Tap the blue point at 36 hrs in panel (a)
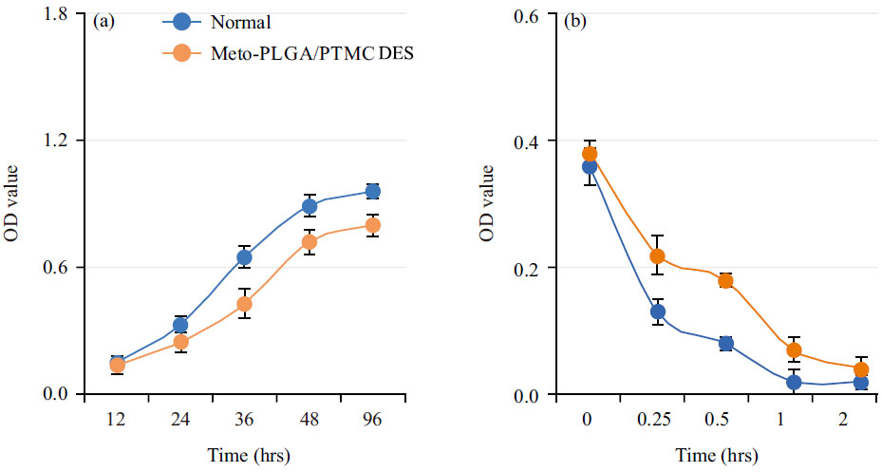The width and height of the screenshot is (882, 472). [x=244, y=257]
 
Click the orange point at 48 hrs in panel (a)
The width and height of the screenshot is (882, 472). [x=309, y=242]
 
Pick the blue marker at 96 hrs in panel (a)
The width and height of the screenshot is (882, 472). [x=373, y=192]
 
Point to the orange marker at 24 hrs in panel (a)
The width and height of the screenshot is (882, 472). [x=180, y=343]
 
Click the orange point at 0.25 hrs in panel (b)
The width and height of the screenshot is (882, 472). [x=657, y=256]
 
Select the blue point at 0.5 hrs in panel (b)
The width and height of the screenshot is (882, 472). [x=726, y=344]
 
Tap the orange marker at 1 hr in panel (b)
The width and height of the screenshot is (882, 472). [x=794, y=350]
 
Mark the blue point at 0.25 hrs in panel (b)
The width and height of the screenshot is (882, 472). [x=657, y=312]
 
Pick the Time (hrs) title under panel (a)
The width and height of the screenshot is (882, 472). [x=244, y=456]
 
